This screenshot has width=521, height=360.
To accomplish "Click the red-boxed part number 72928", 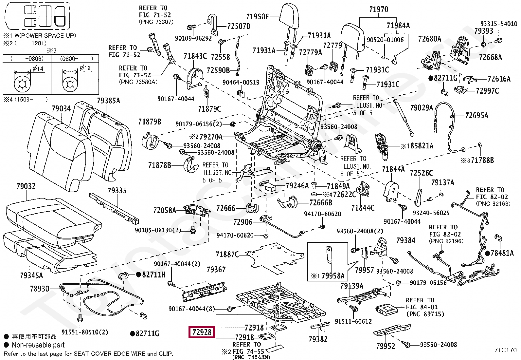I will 202,332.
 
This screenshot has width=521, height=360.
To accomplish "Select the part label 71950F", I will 257,16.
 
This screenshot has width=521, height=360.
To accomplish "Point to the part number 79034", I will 61,108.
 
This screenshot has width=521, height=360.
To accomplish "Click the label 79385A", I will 108,101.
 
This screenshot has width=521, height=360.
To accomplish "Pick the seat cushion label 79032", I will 26,186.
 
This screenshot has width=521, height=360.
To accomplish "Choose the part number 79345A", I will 31,275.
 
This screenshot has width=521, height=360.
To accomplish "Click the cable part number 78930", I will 39,289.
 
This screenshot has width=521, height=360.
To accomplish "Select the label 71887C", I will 227,254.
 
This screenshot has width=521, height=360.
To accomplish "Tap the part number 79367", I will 216,270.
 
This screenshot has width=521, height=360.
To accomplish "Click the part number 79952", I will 386,346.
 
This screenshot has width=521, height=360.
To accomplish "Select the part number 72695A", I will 476,115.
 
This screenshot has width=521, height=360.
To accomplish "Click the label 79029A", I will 422,107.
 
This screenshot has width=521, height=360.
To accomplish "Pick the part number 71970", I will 379,9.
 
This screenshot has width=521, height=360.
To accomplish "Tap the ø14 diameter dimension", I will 38,68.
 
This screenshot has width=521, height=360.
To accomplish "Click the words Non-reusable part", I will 38,345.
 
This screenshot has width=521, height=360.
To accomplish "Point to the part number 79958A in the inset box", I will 333,275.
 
